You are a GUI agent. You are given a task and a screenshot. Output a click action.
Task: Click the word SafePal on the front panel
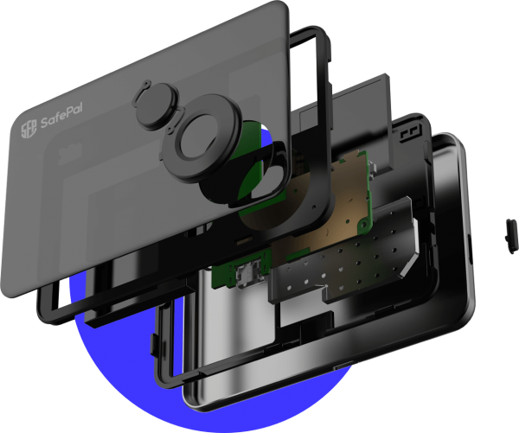coord(61,115)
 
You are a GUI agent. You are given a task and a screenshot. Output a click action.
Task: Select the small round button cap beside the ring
coord(156,105)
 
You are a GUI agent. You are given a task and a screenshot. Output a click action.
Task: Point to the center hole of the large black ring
coord(199,136)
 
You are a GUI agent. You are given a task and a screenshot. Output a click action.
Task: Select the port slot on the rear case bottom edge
coord(343,366)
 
